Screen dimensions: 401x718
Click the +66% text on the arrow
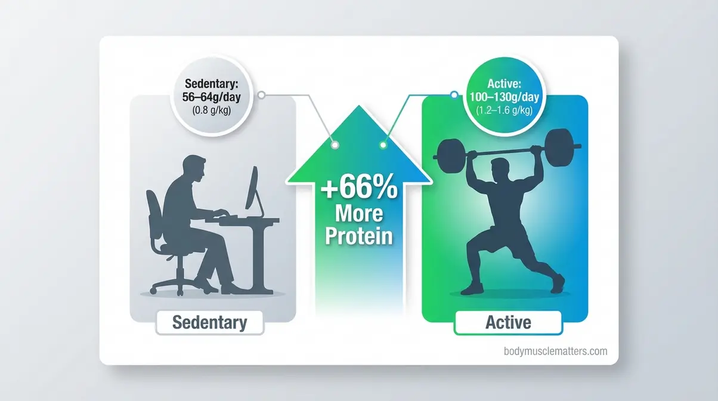pyautogui.click(x=358, y=192)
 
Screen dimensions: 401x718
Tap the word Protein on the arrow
pyautogui.click(x=358, y=236)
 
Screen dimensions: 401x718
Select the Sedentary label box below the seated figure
pyautogui.click(x=209, y=323)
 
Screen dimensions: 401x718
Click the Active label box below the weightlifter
pyautogui.click(x=507, y=323)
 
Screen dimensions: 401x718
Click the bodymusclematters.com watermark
pyautogui.click(x=555, y=351)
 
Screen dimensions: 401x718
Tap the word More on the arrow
pyautogui.click(x=358, y=214)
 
